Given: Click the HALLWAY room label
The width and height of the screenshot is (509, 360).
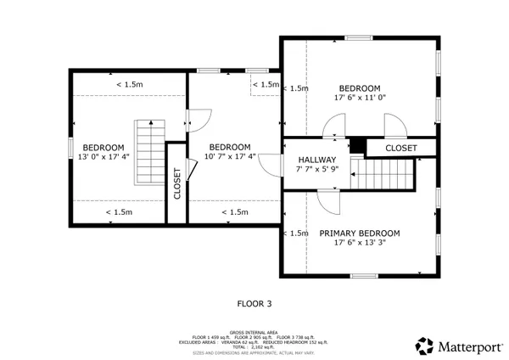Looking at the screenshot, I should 316,160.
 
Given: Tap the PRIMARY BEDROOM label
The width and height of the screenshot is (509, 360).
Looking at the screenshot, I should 359,233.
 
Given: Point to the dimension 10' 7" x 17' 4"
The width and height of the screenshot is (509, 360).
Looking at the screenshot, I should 229,155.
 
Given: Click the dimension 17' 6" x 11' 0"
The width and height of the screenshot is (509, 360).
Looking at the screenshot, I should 359,98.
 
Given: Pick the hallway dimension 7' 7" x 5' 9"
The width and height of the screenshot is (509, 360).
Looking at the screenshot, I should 316,170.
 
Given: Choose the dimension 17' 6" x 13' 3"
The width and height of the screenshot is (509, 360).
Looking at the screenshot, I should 359,243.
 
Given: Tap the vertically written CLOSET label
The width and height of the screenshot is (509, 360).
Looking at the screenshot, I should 176,183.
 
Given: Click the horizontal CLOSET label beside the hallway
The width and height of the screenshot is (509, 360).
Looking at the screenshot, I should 401,148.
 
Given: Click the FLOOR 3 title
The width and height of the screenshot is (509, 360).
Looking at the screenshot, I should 255,301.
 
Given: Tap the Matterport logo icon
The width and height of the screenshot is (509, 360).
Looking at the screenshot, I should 423,345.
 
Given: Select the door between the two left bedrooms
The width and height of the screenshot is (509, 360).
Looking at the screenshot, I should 198,122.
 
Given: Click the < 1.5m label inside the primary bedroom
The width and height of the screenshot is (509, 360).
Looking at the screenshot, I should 298,233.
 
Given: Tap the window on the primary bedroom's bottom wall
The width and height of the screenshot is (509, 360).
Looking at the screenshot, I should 363,275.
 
